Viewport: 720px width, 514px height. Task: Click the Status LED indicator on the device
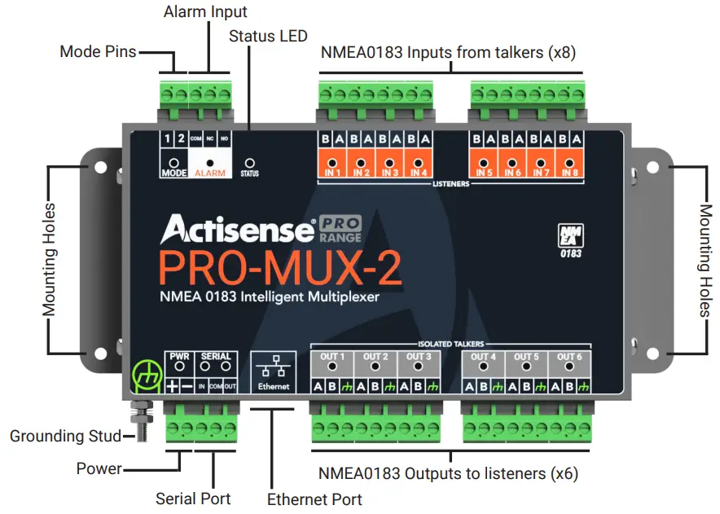[x=251, y=163]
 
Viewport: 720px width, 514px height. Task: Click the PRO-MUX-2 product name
[x=280, y=269]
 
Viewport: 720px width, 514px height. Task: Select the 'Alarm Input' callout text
[x=205, y=12]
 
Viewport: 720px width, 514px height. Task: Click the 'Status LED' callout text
[x=268, y=36]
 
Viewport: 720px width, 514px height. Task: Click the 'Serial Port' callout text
[x=193, y=499]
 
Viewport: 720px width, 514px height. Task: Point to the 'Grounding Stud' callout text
[x=59, y=437]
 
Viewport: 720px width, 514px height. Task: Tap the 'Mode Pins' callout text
[x=99, y=52]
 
